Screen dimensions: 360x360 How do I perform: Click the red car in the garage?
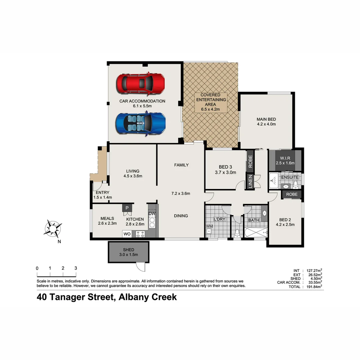pyautogui.click(x=141, y=83)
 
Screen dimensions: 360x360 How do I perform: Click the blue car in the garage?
pyautogui.click(x=141, y=123)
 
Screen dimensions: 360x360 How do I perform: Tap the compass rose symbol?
pyautogui.click(x=53, y=229)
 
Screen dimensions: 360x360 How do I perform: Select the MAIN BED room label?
pyautogui.click(x=266, y=119)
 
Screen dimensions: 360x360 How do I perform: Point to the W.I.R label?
pyautogui.click(x=285, y=158)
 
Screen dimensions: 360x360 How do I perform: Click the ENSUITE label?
pyautogui.click(x=290, y=177)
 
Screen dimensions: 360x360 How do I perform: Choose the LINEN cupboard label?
pyautogui.click(x=250, y=182)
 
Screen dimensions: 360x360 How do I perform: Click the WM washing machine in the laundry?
pyautogui.click(x=209, y=227)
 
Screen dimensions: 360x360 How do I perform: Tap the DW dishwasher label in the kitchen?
pyautogui.click(x=152, y=214)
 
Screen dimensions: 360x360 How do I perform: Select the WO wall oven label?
pyautogui.click(x=127, y=234)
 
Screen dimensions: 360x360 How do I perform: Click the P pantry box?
pyautogui.click(x=127, y=208)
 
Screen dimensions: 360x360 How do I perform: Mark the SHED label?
pyautogui.click(x=128, y=250)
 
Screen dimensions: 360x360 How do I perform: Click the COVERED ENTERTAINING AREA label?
pyautogui.click(x=211, y=100)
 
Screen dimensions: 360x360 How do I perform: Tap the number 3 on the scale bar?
pyautogui.click(x=76, y=268)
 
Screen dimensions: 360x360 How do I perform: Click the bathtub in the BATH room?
pyautogui.click(x=255, y=232)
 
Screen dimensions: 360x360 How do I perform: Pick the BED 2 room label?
pyautogui.click(x=285, y=220)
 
